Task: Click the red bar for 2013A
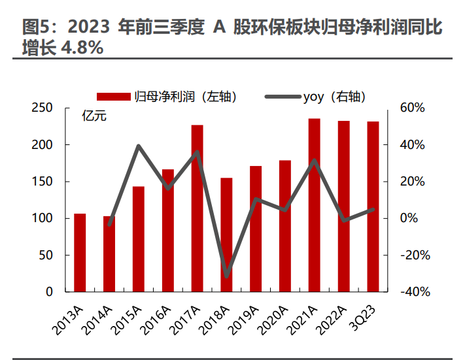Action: [x=80, y=252]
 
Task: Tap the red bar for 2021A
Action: [x=314, y=205]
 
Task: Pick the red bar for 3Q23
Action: [x=373, y=206]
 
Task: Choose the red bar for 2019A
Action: [x=256, y=229]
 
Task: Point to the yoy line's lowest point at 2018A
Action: [x=226, y=276]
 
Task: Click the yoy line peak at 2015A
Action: [x=139, y=146]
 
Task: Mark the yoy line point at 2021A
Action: [x=314, y=161]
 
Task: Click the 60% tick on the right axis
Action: [x=413, y=108]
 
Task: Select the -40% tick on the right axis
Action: [x=413, y=292]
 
